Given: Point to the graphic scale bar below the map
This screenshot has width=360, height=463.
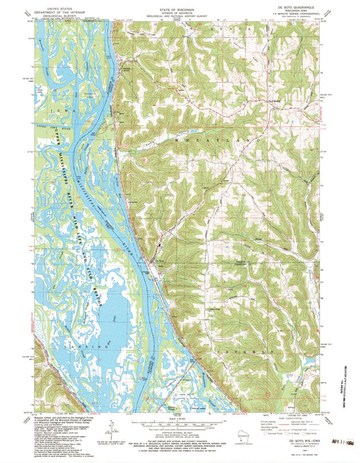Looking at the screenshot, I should [x=180, y=422].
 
